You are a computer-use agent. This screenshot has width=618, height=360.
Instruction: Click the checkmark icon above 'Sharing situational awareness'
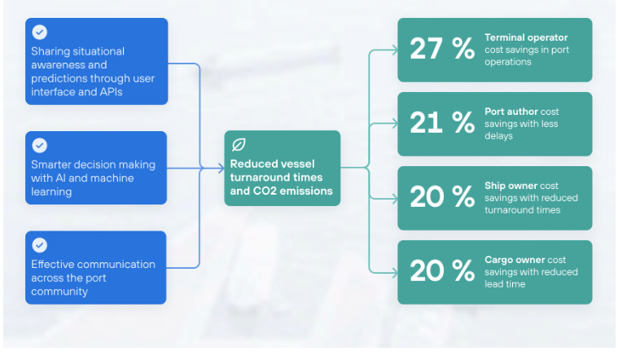[39, 32]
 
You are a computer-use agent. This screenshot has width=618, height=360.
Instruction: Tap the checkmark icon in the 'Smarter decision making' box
[39, 145]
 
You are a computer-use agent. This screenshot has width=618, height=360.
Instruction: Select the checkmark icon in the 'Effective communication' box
[39, 245]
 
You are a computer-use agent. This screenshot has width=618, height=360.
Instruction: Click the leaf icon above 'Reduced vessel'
[239, 145]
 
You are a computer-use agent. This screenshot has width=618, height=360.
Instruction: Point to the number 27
[426, 49]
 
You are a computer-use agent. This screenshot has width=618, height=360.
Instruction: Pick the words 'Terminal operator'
[526, 37]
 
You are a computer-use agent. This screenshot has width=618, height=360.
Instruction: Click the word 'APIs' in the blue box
[112, 92]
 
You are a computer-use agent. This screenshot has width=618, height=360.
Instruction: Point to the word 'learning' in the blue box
[51, 192]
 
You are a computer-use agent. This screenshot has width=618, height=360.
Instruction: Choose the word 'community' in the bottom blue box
[59, 292]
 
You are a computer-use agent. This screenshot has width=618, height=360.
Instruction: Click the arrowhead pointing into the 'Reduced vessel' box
[221, 169]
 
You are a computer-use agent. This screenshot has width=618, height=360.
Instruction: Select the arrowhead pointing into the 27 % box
[394, 50]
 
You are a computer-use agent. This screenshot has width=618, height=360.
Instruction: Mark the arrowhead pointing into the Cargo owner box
[394, 273]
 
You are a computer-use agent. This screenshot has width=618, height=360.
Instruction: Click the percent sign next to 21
[463, 122]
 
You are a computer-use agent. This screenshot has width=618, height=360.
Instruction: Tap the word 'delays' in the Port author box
[498, 136]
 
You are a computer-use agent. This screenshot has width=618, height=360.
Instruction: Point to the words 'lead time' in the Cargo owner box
[505, 284]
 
